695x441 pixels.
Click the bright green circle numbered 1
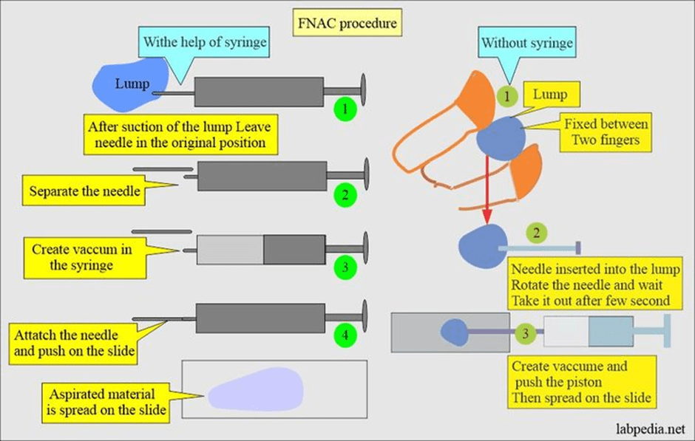coord(345,111)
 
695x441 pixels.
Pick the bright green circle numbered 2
coord(345,196)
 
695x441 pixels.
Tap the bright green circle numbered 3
coord(345,264)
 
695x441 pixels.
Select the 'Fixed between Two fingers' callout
coord(605,132)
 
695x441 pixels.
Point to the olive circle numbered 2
coord(538,233)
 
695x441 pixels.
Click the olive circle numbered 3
coord(525,333)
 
